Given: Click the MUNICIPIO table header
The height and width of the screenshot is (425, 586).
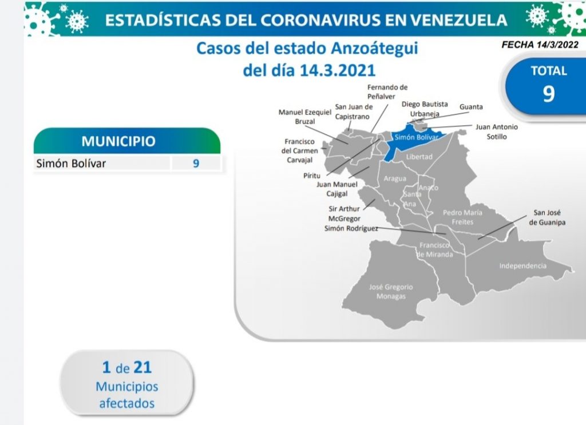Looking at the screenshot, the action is click(118, 141).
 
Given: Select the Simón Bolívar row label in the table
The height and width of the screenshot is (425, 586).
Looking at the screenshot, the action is click(71, 163).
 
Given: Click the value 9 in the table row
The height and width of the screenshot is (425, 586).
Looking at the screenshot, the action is click(196, 163).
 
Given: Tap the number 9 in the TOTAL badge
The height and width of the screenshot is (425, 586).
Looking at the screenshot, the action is click(549, 94).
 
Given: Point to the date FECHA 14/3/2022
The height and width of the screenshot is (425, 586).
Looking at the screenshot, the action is click(540, 45).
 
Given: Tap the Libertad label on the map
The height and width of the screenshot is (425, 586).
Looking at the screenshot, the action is click(419, 157).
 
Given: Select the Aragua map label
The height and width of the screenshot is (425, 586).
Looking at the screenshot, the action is click(395, 178).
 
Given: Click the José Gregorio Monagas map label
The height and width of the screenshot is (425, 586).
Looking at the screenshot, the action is click(391, 292).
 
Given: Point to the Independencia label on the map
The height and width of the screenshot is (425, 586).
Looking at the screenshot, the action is click(523, 266).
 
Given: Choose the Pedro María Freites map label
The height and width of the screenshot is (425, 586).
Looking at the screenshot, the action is click(462, 217).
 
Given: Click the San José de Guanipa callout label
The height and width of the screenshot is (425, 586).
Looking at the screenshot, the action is click(547, 217).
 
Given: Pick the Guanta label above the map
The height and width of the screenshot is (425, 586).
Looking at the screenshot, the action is click(471, 107).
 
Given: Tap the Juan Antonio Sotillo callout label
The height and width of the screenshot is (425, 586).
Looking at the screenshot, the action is click(497, 132).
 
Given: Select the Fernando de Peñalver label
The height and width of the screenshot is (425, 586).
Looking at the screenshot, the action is click(387, 92).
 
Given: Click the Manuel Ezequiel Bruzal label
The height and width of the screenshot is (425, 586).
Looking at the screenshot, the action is click(305, 117).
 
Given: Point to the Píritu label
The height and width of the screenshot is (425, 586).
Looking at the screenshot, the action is click(312, 175).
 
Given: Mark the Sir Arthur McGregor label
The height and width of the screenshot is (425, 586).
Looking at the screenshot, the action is click(344, 213).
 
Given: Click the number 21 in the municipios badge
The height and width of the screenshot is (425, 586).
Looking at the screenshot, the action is click(142, 367).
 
